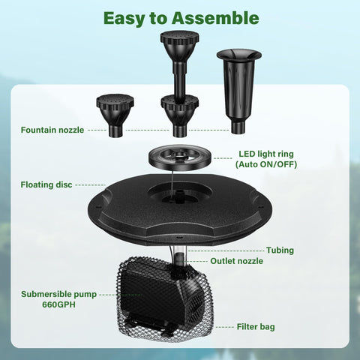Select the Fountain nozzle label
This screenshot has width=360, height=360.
point(52,130)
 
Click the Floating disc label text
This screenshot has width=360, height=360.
point(46,184)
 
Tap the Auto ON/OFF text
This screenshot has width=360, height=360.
point(268,164)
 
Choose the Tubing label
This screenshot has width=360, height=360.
point(280,250)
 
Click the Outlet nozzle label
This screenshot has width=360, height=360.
point(236,261)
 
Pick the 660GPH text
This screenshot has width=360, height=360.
point(57,305)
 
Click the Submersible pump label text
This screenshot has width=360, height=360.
point(58,295)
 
